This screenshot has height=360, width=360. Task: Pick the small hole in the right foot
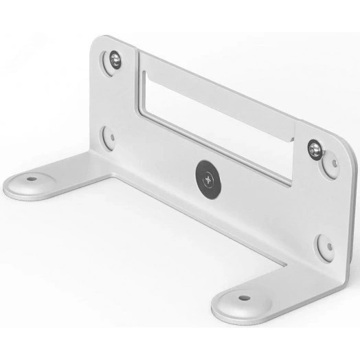(243, 299)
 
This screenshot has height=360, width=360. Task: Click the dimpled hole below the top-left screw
(107, 136)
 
